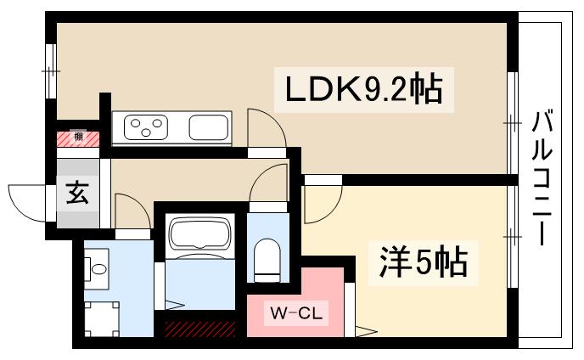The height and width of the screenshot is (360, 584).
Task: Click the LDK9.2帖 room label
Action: pyautogui.click(x=364, y=89)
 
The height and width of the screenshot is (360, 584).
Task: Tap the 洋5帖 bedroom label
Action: pyautogui.click(x=423, y=263)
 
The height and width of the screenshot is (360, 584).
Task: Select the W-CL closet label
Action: pyautogui.click(x=296, y=313)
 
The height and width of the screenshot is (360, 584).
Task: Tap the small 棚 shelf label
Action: pyautogui.click(x=78, y=137)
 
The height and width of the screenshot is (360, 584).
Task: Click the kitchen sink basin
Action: pyautogui.click(x=208, y=127)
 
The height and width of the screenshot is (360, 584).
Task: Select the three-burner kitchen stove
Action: pyautogui.click(x=146, y=127)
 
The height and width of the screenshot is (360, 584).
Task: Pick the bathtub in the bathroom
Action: pyautogui.click(x=200, y=232)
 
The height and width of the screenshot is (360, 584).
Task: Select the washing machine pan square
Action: pyautogui.click(x=102, y=319)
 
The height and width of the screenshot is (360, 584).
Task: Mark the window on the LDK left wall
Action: pyautogui.click(x=51, y=71)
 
